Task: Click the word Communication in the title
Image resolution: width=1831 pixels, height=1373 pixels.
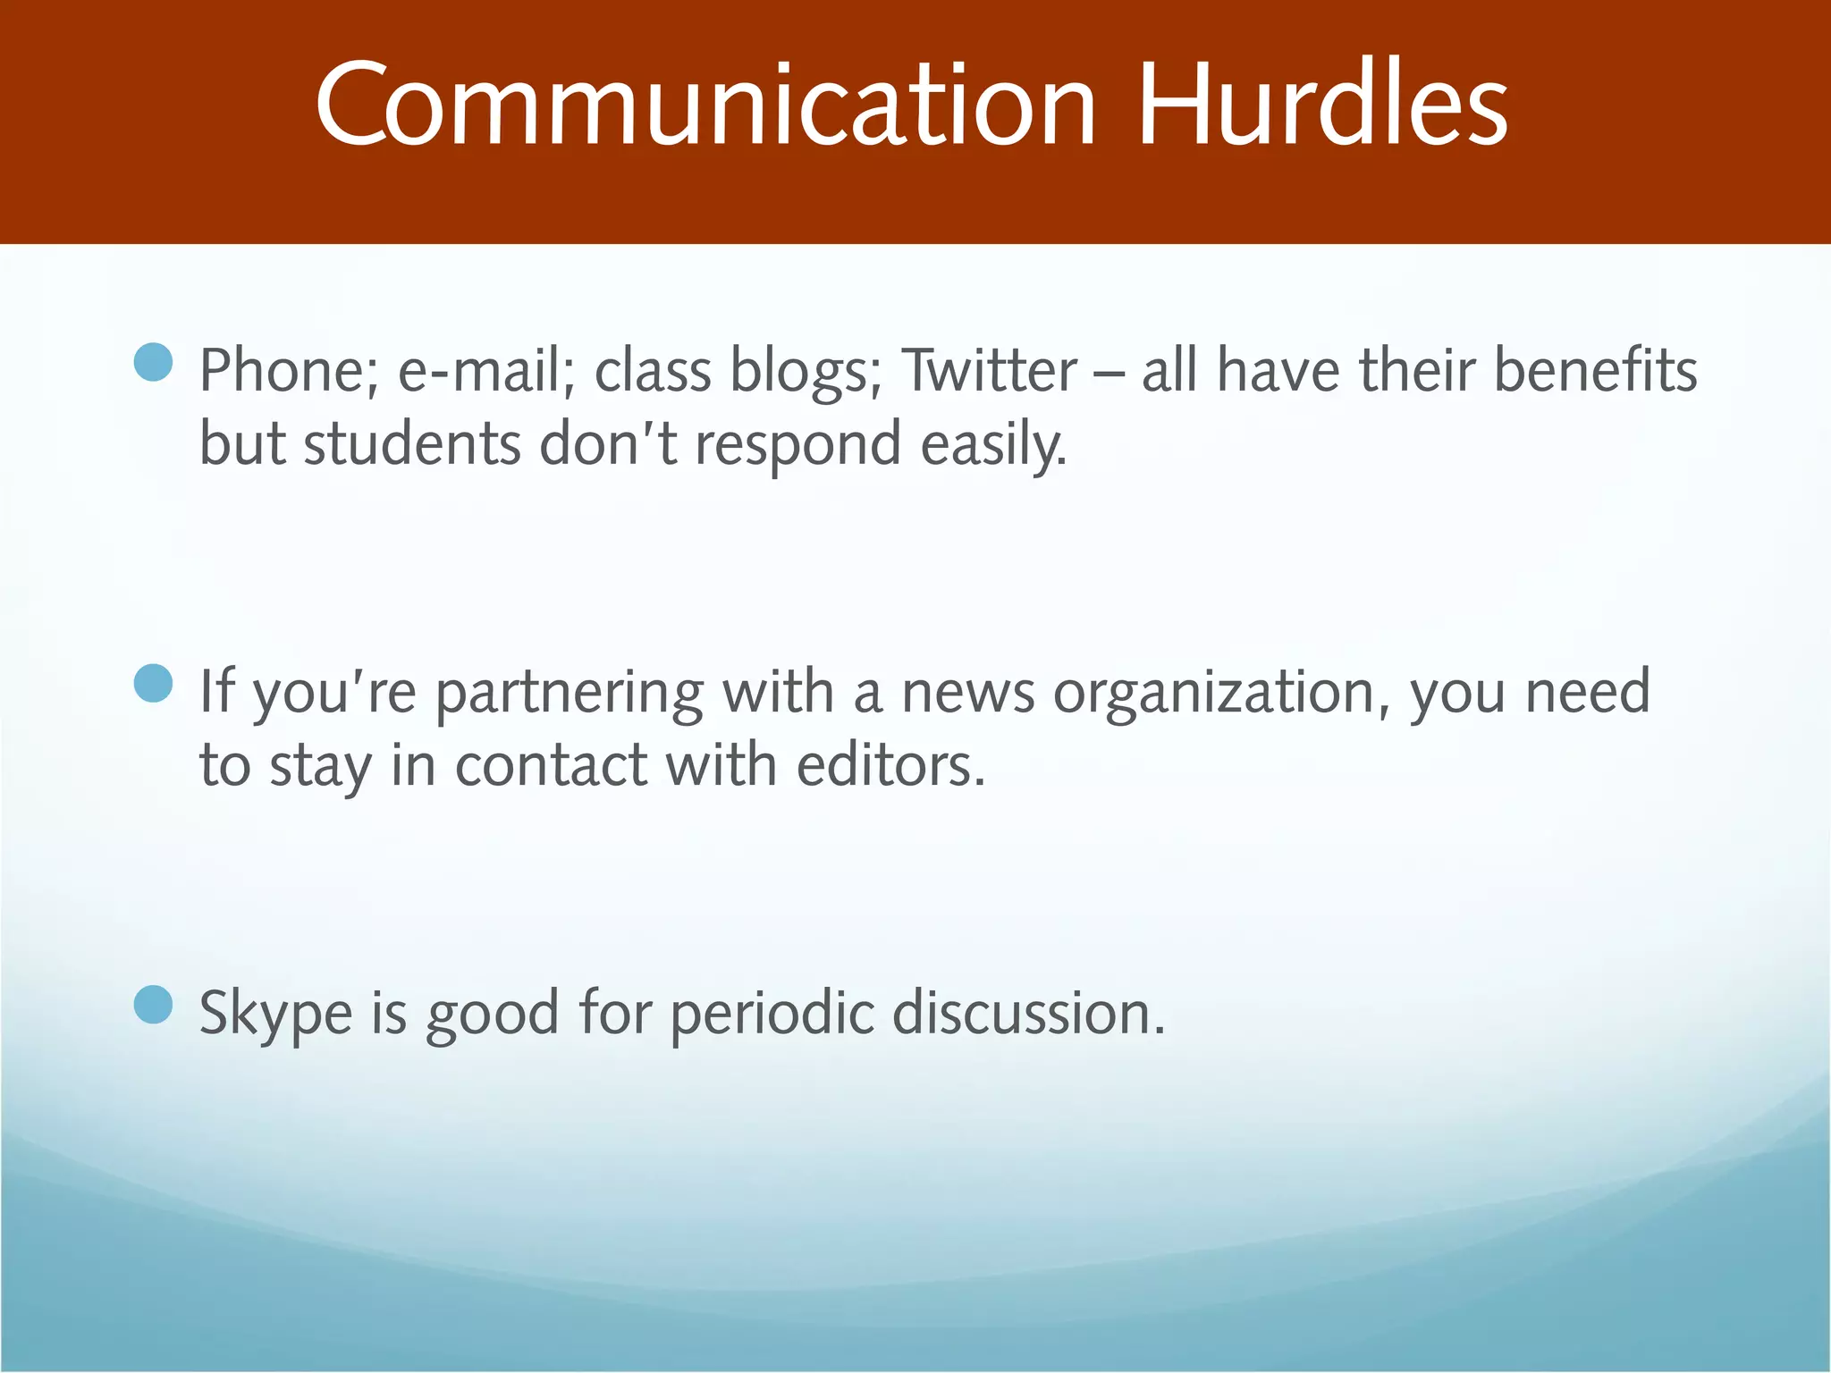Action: [x=705, y=105]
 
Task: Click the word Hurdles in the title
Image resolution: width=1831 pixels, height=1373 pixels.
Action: [x=1322, y=105]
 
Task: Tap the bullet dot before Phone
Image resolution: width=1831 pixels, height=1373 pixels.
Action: [x=153, y=362]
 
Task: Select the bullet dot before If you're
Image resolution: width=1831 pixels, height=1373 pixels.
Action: [x=153, y=684]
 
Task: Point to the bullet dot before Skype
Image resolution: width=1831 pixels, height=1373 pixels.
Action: [x=153, y=1005]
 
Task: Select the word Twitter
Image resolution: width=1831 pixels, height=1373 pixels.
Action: [x=989, y=371]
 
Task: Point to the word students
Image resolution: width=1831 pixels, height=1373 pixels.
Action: [x=412, y=444]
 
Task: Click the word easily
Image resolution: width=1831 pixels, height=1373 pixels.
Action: [x=993, y=444]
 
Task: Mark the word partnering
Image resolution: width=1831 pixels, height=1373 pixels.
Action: [x=570, y=694]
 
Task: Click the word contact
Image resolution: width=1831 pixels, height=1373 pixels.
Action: [x=551, y=766]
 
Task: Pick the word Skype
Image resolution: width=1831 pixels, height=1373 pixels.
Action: [x=275, y=1015]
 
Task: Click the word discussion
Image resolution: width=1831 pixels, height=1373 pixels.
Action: [x=1029, y=1015]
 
